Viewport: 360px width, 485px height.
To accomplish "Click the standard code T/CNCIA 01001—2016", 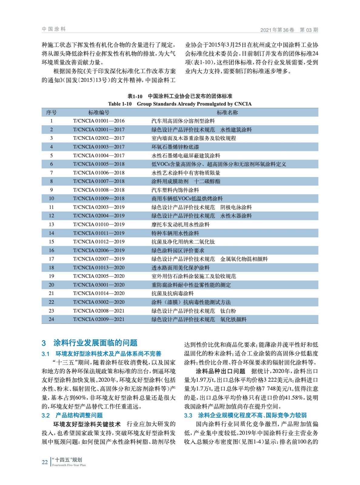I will click(99, 121).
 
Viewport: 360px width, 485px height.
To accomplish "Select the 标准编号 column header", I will click(99, 112).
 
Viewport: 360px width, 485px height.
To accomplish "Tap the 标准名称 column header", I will click(227, 112).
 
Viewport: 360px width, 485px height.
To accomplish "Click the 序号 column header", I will click(51, 112).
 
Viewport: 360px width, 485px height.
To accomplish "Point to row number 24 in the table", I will click(51, 319).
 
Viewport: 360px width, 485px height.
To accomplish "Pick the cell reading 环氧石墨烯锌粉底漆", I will click(175, 147).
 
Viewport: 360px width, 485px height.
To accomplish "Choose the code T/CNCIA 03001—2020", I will click(99, 285).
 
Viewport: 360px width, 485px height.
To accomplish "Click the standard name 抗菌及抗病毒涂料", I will click(172, 293).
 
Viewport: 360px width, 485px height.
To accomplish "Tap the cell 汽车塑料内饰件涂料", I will click(175, 190).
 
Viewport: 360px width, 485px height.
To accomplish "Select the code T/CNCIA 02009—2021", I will click(99, 319).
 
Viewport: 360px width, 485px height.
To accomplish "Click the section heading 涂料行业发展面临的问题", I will click(95, 343).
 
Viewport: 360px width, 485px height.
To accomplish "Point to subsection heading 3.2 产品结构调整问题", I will click(72, 415).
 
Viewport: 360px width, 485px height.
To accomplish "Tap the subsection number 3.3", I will click(188, 415).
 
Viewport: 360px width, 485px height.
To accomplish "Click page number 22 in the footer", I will click(45, 462).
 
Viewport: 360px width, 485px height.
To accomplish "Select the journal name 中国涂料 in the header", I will click(54, 29).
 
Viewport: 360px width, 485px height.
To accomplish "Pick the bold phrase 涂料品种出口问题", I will click(220, 371).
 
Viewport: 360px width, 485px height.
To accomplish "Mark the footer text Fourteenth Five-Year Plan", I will click(69, 465).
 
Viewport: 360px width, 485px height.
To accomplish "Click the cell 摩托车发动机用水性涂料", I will click(180, 225).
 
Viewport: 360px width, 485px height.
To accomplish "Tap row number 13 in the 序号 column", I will click(51, 225).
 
